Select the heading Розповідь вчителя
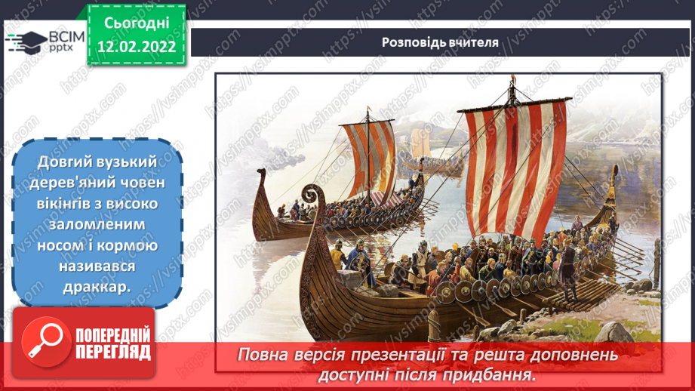tap(441, 42)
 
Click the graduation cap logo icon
tap(23, 41)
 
